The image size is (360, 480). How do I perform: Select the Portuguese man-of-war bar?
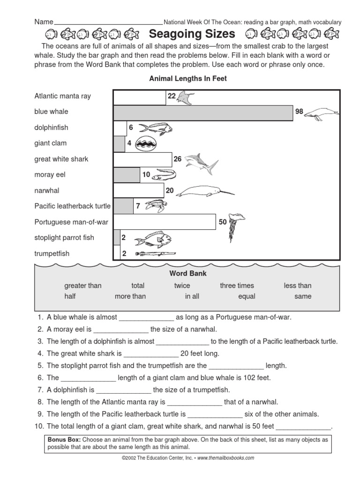[x=165, y=222]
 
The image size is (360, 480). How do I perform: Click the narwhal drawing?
[x=206, y=191]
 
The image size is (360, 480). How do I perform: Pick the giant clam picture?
[x=146, y=143]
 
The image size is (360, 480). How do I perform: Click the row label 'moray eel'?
[x=50, y=174]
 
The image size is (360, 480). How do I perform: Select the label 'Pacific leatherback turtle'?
[x=72, y=206]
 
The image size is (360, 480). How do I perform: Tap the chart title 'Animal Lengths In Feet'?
[x=187, y=79]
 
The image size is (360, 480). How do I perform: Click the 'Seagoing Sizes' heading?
[x=192, y=34]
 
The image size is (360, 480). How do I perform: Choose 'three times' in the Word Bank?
[x=237, y=285]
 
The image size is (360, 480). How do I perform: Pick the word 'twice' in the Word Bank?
[x=182, y=285]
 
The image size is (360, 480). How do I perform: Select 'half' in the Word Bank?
[x=70, y=296]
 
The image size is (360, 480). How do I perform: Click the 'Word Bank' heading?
[x=187, y=273]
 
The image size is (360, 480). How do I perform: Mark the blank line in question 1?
[x=146, y=318]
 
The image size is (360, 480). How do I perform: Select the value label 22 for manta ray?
[x=171, y=96]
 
